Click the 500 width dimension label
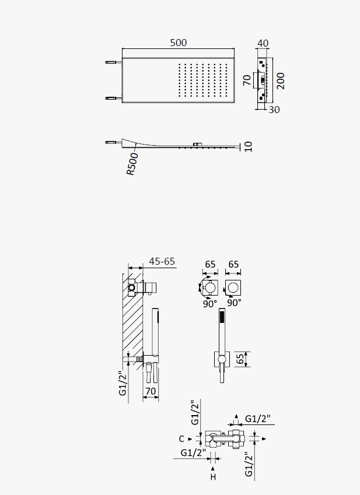point(179,43)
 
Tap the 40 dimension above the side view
point(263,43)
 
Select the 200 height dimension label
point(281,81)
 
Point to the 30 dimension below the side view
point(274,110)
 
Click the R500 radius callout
point(132,164)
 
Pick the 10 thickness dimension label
point(248,146)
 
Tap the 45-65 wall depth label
point(162,261)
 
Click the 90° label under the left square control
point(210,304)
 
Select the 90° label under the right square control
point(234,303)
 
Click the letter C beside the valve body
point(181,439)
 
